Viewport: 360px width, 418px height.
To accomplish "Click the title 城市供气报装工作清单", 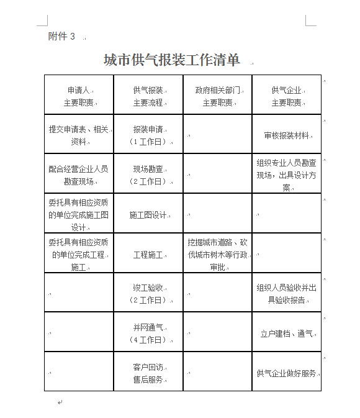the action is coord(171,60).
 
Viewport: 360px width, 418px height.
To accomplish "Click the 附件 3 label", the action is coord(61,37).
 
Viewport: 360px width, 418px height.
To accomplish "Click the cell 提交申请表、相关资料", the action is coord(79,135).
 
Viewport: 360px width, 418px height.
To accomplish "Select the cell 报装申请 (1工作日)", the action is coord(148,135).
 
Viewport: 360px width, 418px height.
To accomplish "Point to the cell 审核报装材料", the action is coord(286,135).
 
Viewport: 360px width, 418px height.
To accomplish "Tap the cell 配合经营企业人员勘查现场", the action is coord(79,175).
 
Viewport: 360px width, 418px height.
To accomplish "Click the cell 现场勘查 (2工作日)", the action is coord(148,175).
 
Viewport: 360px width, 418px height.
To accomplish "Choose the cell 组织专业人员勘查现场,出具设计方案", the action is coord(286,175).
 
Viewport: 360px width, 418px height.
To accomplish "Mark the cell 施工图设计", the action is coord(148,215).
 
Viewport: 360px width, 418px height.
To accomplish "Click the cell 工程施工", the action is coord(148,255).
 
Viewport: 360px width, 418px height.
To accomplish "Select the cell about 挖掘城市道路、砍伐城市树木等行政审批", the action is coord(217,255).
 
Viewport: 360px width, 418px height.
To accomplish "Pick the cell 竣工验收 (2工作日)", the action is coord(148,294).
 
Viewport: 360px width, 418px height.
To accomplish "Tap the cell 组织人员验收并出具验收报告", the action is coord(286,294).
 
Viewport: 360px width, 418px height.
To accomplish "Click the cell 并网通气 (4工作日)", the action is coord(148,334).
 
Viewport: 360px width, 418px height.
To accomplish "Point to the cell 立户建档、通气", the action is coord(286,334).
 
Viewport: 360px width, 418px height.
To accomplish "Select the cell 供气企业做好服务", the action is coord(286,373).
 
